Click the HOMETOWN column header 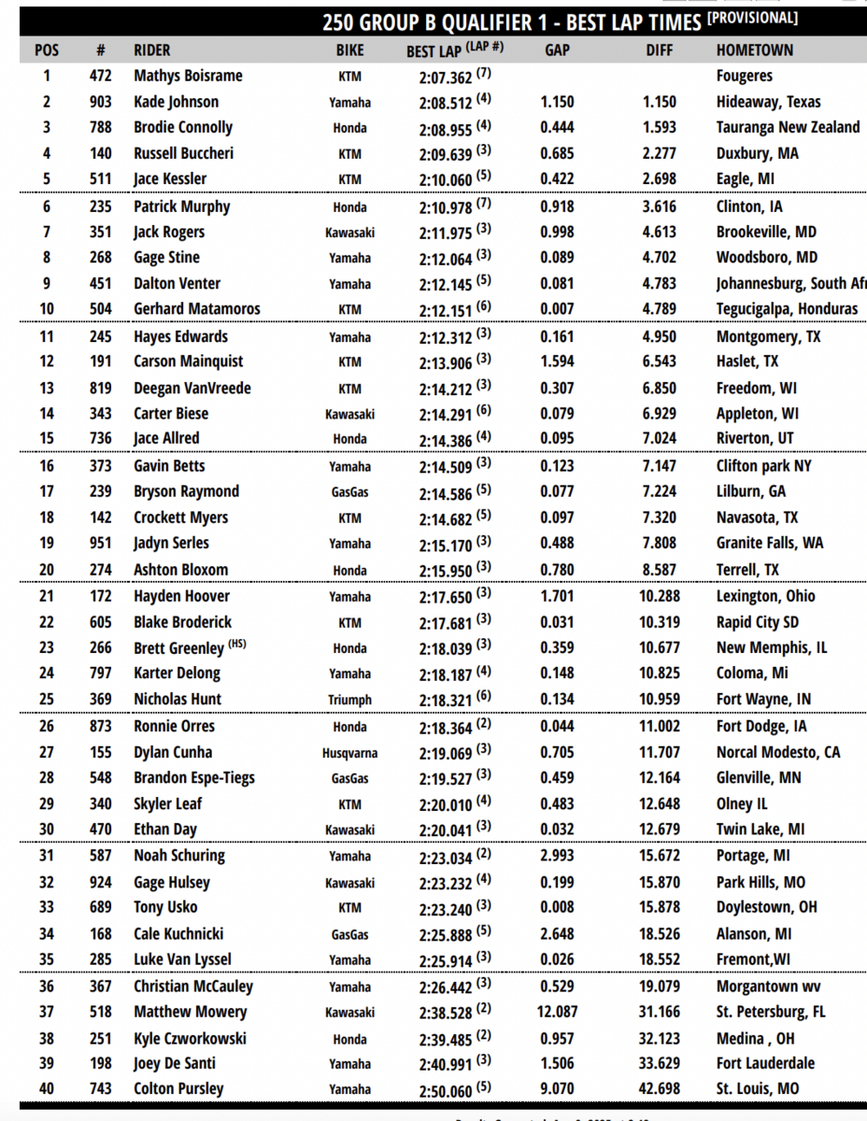tap(754, 50)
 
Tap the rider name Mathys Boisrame tap(188, 76)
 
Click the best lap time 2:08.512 tap(446, 102)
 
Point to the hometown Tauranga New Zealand tap(788, 127)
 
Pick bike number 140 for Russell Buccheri tap(100, 153)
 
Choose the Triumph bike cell tap(350, 700)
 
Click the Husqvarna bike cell tap(350, 753)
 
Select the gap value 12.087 tap(557, 1012)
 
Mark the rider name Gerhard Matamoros tap(196, 309)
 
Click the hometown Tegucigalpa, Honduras tap(787, 309)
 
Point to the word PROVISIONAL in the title tap(754, 18)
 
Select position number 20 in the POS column tap(46, 570)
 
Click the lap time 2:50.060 tap(446, 1088)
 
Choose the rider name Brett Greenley tap(178, 647)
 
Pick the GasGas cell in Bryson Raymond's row tap(350, 492)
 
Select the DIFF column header tap(660, 50)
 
